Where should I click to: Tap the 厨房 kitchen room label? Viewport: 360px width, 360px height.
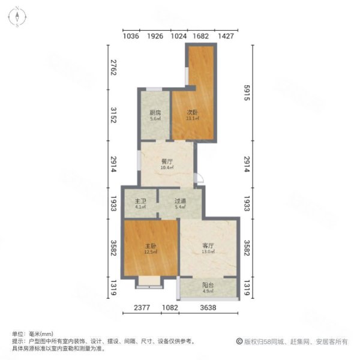[155, 113]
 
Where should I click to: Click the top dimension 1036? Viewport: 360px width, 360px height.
[131, 37]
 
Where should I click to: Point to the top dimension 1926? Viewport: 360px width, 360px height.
[155, 37]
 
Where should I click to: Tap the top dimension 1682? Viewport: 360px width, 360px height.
[201, 37]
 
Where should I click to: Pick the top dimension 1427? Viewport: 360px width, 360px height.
[226, 37]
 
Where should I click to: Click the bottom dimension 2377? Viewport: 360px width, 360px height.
[142, 308]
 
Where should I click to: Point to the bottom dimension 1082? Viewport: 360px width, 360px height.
[170, 308]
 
